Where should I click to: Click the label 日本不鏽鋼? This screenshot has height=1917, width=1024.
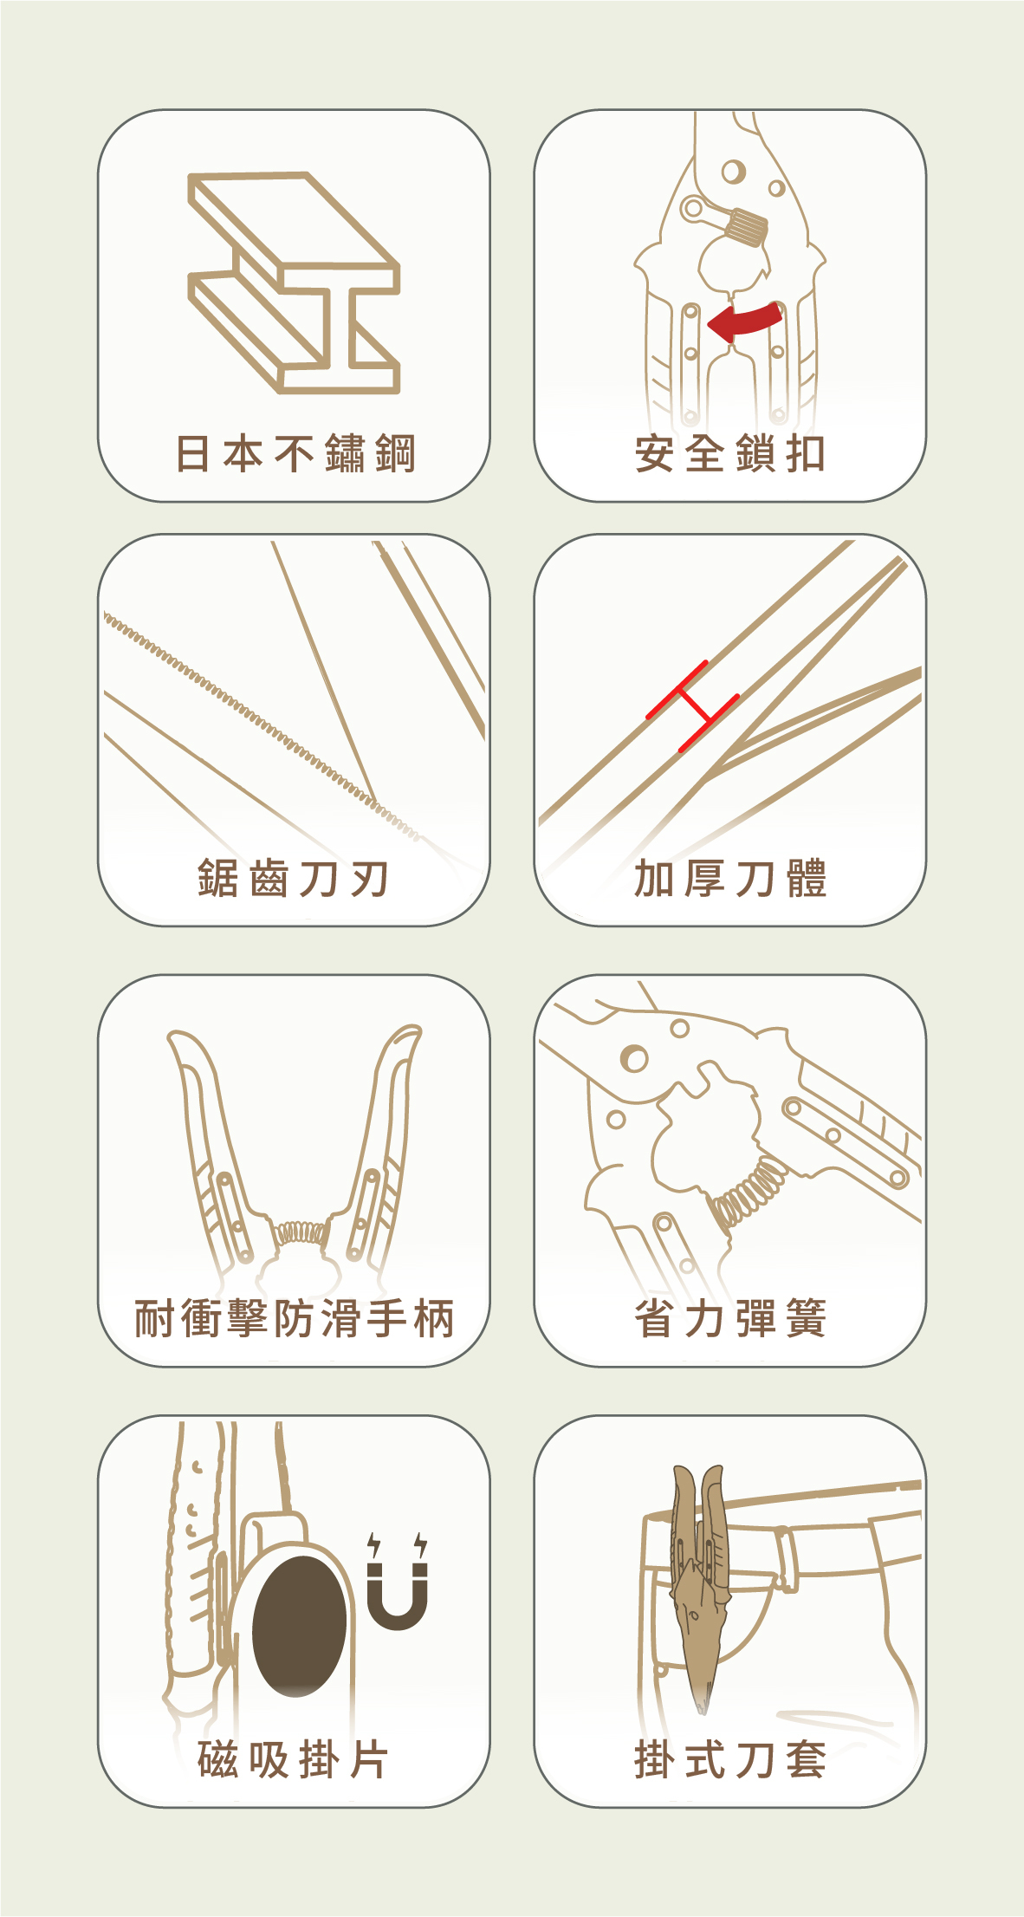tap(295, 454)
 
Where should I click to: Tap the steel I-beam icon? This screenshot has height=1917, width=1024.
tap(294, 283)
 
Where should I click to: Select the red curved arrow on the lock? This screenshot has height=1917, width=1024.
tap(745, 322)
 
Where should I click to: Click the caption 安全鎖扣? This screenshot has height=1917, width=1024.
tap(730, 454)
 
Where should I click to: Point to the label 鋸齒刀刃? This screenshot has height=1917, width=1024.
tap(293, 879)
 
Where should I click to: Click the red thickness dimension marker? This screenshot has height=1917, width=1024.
tap(693, 706)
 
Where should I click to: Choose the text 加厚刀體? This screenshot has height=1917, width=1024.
tap(730, 879)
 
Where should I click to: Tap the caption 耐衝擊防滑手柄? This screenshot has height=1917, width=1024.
tap(295, 1319)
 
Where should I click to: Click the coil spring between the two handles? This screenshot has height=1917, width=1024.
tap(299, 1232)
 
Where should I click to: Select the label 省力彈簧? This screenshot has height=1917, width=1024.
tap(730, 1319)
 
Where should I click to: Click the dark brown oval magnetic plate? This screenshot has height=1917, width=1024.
tap(300, 1626)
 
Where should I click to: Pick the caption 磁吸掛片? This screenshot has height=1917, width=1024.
tap(293, 1759)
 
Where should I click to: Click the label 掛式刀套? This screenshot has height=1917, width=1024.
tap(730, 1759)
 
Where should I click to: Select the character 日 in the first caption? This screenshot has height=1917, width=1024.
tap(192, 454)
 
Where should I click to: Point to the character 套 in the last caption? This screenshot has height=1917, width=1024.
tap(807, 1759)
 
